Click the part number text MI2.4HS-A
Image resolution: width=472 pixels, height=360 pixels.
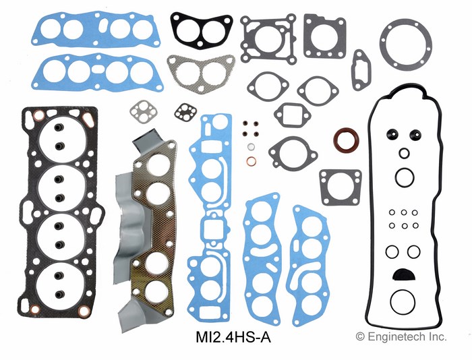[233, 337]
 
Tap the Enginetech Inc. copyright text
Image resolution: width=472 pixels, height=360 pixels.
[401, 336]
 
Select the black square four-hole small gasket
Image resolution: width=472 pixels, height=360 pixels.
[185, 112]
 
